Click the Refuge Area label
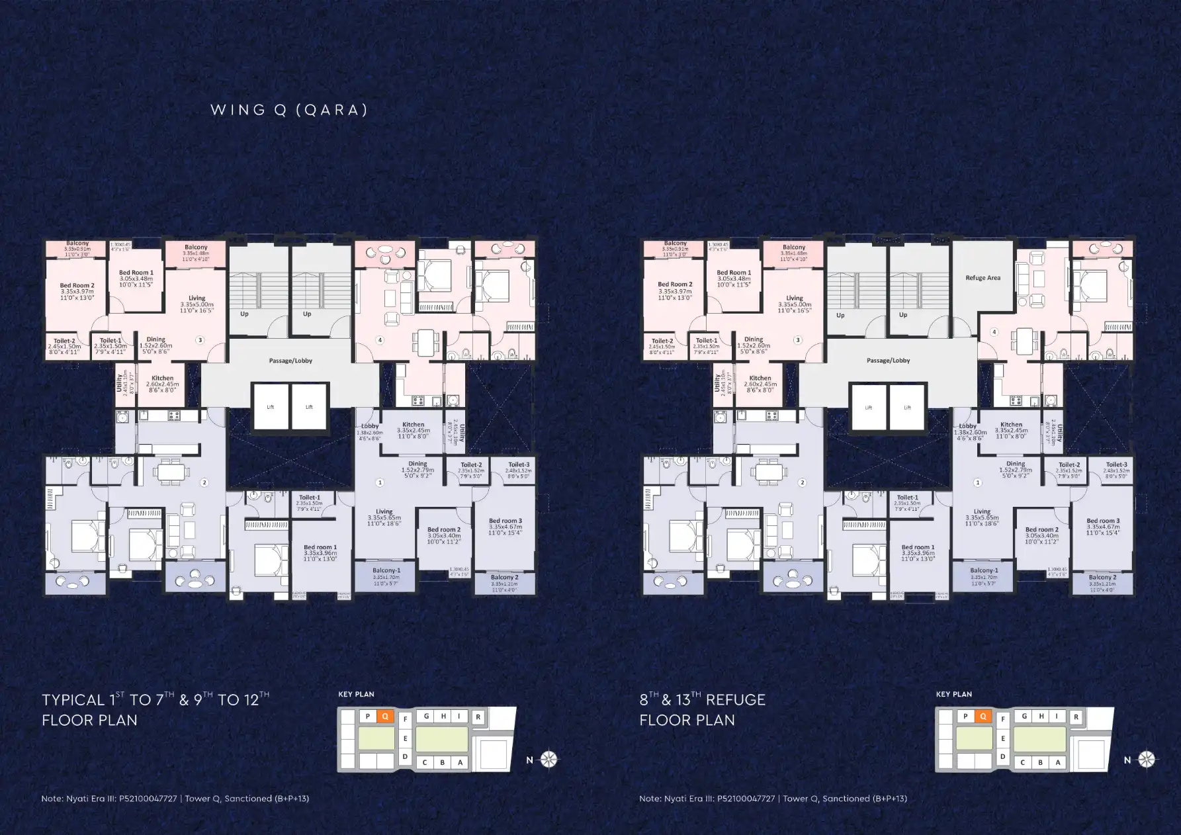point(983,278)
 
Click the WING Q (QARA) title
point(289,110)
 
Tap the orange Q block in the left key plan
point(385,716)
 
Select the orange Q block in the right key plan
point(983,716)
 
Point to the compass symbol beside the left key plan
point(549,760)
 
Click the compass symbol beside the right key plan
point(1147,760)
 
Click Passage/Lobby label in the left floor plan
point(290,361)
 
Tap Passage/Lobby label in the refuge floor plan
point(888,361)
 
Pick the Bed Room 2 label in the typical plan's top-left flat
point(77,286)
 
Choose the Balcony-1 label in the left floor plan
point(386,570)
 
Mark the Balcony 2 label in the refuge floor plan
point(1102,578)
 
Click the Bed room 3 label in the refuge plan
point(1103,521)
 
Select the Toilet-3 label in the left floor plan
point(519,464)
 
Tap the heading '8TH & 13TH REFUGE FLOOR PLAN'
point(702,709)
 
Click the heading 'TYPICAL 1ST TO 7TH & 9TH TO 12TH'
point(155,700)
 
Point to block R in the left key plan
point(478,717)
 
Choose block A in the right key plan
point(1058,762)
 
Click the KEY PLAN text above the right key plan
point(953,694)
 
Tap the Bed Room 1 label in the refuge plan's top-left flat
point(734,273)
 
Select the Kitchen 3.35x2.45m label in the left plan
point(413,425)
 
